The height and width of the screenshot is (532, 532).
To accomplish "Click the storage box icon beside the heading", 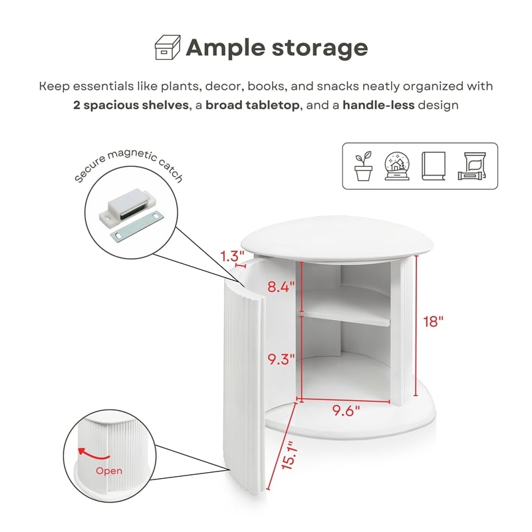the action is coord(168,47).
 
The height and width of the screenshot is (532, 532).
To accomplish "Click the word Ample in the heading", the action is coord(225,48).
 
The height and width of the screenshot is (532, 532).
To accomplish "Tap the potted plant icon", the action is coord(363,166).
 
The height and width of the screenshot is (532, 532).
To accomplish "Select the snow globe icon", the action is coord(397,166).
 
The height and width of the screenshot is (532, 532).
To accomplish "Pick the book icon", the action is coord(434,166).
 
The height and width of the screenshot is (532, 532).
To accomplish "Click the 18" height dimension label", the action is coord(434,321).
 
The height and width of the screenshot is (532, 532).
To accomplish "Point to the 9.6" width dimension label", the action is coord(346,410).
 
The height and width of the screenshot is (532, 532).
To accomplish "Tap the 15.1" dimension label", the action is coord(289,456).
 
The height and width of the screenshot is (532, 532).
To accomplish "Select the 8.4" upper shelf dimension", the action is coord(281,287).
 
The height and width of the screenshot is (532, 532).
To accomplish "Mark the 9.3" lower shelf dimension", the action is coord(281,359).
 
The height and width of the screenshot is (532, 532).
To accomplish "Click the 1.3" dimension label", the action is coord(232,256).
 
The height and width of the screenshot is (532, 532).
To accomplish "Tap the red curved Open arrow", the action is coord(93,454).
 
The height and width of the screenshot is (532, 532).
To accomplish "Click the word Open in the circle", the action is coord(109,471).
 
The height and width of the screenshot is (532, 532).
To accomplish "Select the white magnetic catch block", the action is coord(124,207).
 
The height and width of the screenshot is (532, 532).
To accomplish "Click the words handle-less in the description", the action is coord(378,105).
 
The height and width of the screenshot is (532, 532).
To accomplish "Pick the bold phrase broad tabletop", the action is coord(253,105).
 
